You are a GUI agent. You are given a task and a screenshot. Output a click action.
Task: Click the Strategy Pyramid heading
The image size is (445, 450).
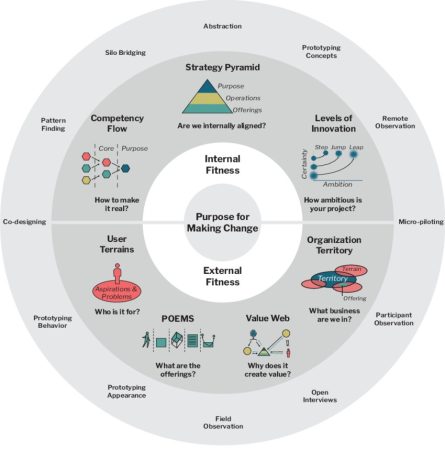[x=222, y=68]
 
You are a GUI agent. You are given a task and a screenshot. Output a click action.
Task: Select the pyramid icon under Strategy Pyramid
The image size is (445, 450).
[x=222, y=98]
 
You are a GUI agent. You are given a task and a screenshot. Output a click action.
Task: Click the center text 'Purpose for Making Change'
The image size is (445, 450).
[x=222, y=222]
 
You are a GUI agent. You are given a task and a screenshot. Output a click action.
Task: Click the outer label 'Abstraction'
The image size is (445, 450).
[x=222, y=27]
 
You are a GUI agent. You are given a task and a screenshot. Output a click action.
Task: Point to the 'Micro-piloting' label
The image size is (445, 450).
[x=420, y=221]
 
